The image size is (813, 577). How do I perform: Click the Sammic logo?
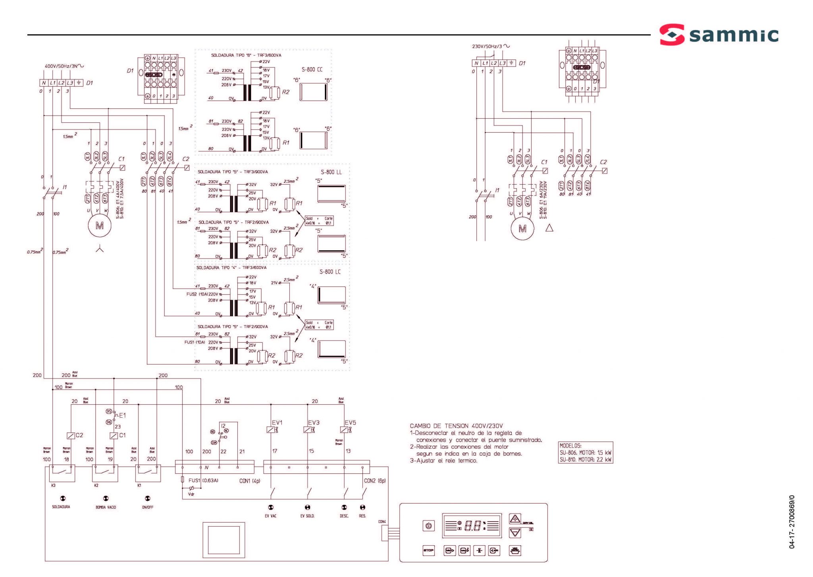pos(719,35)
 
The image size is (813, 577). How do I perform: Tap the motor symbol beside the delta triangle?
pos(522,229)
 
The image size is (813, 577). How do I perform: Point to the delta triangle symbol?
pos(549,228)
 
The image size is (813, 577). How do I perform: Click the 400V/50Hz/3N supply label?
pos(64,66)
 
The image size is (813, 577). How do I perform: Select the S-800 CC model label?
pos(312,69)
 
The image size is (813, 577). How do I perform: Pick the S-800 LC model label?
pos(330,272)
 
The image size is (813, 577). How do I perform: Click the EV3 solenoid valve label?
pos(314,423)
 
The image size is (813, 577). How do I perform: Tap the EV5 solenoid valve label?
pos(350,423)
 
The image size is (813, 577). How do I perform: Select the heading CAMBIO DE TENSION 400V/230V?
pos(456,426)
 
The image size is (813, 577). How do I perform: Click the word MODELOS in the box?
pos(570,446)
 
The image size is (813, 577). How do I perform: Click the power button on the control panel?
pos(428,526)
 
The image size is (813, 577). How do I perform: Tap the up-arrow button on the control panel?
pos(515,519)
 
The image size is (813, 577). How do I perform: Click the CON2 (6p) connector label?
pos(375,481)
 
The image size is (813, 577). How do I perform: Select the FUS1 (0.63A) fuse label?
pos(203,481)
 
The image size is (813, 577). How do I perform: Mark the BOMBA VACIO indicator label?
pos(106,508)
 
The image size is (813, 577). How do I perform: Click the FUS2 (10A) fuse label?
pos(196,294)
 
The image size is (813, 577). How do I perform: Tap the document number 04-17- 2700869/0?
pos(792,522)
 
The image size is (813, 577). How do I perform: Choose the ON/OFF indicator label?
pos(147,508)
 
